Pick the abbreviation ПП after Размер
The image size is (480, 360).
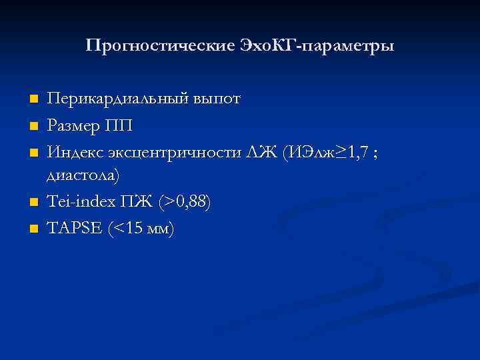(121, 125)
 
